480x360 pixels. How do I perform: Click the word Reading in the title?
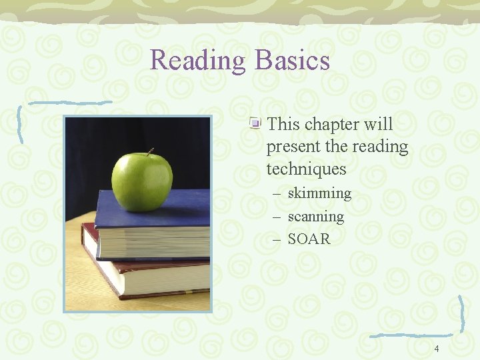pos(199,61)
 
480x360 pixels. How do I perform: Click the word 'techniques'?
pos(306,169)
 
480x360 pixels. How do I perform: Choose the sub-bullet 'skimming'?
pos(319,193)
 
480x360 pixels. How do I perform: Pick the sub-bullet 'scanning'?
pos(316,217)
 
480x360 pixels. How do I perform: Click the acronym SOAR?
pos(309,239)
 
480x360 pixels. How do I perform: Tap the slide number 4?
pos(437,349)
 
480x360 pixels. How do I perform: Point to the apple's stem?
pos(150,152)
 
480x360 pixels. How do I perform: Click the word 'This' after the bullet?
pos(283,125)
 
